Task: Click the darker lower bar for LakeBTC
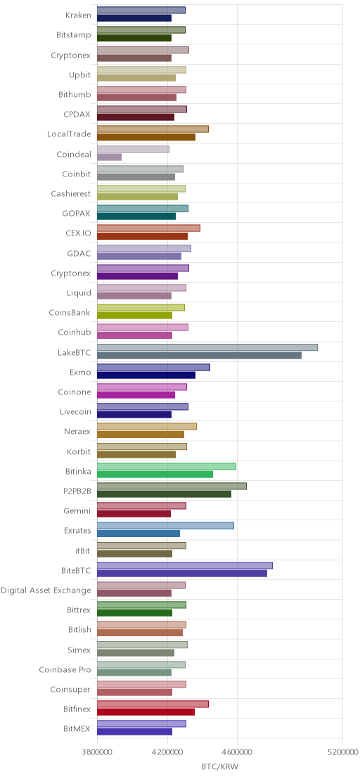199,355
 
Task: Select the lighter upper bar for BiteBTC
185,565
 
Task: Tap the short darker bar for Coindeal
109,157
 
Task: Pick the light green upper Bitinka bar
167,466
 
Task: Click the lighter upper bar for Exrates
165,526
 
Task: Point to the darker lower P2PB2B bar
164,494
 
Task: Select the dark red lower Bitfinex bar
146,712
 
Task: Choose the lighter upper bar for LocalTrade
153,129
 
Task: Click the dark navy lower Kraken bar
134,18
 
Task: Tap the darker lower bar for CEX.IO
142,236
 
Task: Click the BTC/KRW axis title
220,766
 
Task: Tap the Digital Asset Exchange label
46,590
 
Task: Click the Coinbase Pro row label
65,670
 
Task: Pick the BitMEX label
77,729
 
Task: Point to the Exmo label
80,372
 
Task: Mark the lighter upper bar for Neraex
146,426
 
